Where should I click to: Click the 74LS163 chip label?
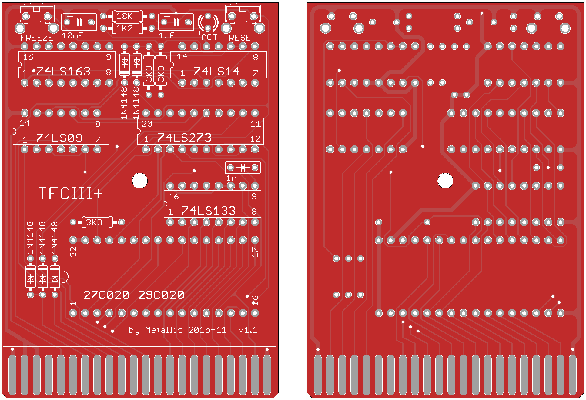coord(63,72)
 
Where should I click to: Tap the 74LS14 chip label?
coord(217,71)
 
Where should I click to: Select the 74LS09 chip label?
coord(59,138)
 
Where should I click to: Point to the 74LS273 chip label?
coord(184,138)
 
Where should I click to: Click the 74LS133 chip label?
coord(209,211)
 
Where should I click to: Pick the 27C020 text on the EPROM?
coord(106,295)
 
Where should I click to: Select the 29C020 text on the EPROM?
coord(161,295)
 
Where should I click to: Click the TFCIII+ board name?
coord(70,193)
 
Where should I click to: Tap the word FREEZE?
coord(37,38)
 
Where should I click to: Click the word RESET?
coord(243,38)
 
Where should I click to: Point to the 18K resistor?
coord(127,16)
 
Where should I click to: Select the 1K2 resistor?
coord(127,28)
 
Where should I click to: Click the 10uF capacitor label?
coord(72,36)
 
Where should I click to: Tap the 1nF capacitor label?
coord(233,178)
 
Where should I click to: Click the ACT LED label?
coord(209,37)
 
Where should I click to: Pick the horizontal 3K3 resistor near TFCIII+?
coord(97,222)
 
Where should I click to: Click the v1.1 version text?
coord(248,330)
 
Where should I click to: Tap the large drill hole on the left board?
coord(140,181)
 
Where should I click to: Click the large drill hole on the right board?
coord(445,181)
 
